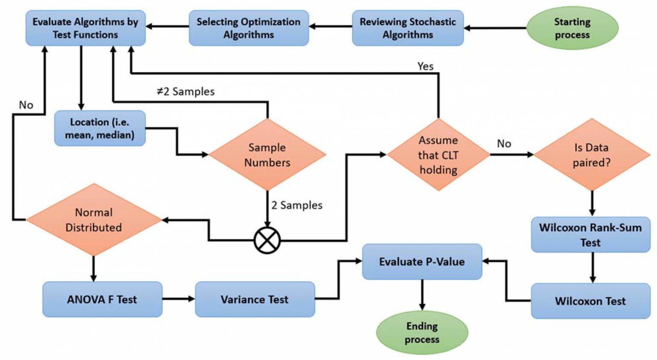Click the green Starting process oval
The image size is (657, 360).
click(x=572, y=28)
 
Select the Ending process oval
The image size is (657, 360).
click(x=422, y=333)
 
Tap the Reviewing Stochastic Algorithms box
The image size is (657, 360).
click(x=408, y=28)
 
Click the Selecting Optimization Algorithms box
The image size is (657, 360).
click(x=249, y=28)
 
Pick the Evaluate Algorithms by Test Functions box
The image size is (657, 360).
click(x=86, y=28)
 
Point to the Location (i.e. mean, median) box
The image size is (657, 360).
click(x=100, y=128)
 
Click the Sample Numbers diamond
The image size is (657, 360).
click(x=267, y=155)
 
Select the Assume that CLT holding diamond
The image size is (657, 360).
click(x=438, y=155)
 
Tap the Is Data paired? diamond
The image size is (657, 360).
click(x=592, y=155)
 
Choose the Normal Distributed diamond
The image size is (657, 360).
click(x=94, y=220)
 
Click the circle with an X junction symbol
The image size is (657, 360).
click(x=267, y=240)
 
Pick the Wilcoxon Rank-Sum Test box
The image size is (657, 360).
click(x=590, y=235)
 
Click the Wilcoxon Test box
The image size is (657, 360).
click(x=590, y=301)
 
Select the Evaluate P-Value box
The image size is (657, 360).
click(x=422, y=262)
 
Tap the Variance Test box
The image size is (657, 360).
click(x=255, y=299)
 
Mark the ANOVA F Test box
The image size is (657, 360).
click(x=102, y=299)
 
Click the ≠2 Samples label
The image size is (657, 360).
click(x=186, y=91)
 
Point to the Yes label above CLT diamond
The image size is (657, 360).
click(x=425, y=66)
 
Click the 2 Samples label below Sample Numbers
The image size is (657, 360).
click(x=297, y=205)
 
